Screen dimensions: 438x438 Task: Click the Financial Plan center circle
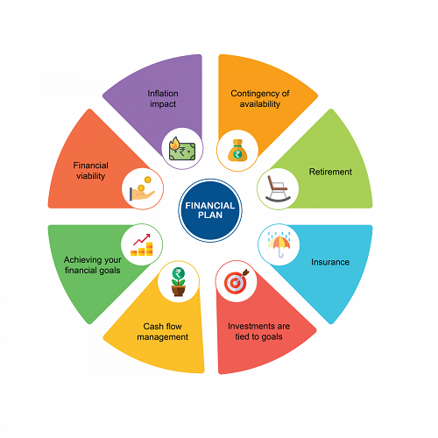click(x=210, y=210)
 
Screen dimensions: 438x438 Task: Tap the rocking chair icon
click(x=278, y=188)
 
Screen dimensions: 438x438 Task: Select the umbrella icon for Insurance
click(x=279, y=244)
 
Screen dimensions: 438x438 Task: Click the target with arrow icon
click(x=237, y=281)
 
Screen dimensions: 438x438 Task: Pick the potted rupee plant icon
click(x=179, y=282)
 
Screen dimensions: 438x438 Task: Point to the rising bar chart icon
click(x=142, y=244)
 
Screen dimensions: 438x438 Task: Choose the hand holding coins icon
click(x=142, y=188)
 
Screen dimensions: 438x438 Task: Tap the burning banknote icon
click(x=182, y=149)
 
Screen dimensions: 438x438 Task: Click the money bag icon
click(x=237, y=151)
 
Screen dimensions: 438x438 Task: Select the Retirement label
click(x=330, y=172)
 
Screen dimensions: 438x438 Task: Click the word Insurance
click(x=330, y=262)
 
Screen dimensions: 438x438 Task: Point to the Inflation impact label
click(x=163, y=99)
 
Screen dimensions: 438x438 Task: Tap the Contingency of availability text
click(x=260, y=99)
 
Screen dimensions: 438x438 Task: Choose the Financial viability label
click(x=91, y=171)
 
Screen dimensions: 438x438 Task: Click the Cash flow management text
click(x=163, y=331)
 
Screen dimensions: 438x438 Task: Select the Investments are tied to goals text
click(x=259, y=331)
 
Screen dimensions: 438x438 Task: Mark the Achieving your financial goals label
click(x=93, y=265)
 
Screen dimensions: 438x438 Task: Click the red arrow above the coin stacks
click(x=142, y=239)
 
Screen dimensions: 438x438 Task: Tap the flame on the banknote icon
click(x=174, y=143)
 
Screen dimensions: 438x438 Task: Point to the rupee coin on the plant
click(x=179, y=274)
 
